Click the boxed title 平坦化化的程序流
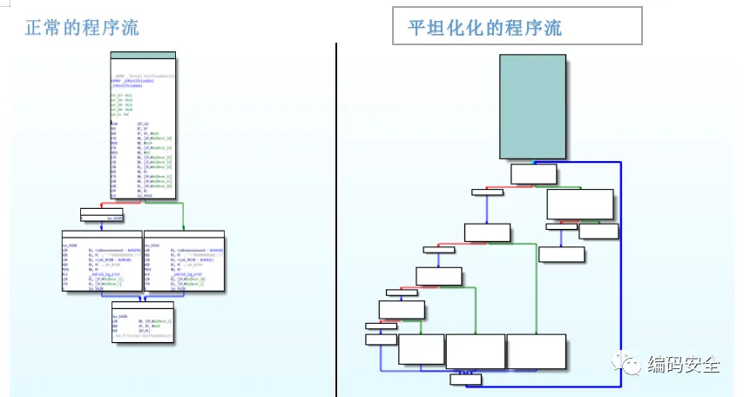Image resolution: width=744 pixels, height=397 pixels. coord(485,28)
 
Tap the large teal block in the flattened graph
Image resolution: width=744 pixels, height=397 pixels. coord(532,106)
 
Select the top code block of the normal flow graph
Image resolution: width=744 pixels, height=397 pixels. coord(143,125)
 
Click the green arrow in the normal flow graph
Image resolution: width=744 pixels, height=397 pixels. coord(182,215)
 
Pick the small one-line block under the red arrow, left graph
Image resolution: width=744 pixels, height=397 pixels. coord(102,214)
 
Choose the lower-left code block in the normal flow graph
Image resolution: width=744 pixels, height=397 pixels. coord(101,261)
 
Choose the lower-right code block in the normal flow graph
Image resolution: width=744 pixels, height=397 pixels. coord(183,261)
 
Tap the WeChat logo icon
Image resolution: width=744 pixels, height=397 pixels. coord(630,364)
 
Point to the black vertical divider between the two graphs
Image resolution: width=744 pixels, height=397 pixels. coord(336,218)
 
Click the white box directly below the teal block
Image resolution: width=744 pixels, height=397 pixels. coord(533,173)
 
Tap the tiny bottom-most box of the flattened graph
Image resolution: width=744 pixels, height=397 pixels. coord(464,379)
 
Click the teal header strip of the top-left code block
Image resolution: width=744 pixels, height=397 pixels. coord(143,56)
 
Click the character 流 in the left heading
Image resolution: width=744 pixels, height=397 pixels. coord(129,27)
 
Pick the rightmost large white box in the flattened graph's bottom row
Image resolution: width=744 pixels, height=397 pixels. coord(536,351)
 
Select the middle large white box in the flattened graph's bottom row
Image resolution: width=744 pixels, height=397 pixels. coord(475,351)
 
